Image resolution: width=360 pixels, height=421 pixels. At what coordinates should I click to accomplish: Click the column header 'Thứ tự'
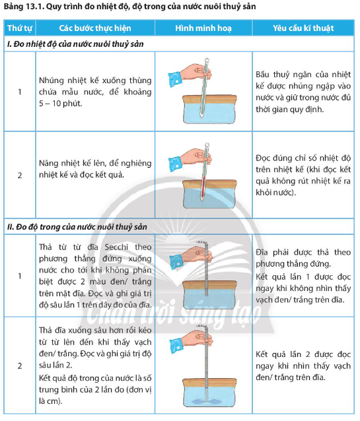20,28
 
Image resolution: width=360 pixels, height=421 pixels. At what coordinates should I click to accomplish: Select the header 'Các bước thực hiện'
95,28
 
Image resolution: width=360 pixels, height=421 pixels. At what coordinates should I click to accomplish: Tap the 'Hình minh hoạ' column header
203,28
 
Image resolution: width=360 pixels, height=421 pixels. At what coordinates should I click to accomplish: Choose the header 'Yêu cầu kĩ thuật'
303,28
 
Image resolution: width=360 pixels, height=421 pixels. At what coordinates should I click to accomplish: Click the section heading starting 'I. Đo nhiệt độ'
75,44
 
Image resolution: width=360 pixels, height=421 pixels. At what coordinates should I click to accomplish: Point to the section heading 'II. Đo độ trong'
77,227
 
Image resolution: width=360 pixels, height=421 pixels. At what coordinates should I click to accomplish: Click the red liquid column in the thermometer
203,187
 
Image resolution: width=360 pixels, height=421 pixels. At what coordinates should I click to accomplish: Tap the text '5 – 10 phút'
60,104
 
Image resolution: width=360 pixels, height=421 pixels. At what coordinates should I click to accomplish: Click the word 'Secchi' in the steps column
116,247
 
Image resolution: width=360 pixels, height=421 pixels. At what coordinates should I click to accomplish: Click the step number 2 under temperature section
20,176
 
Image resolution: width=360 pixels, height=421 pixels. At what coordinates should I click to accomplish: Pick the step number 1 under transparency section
20,276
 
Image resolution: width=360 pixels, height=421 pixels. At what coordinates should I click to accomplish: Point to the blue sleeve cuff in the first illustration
175,79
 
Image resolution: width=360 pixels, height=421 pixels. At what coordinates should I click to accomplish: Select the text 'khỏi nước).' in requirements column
275,193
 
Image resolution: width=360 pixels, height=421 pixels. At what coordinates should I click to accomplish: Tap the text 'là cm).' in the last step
51,401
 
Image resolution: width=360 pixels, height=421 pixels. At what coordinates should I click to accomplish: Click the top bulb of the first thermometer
207,61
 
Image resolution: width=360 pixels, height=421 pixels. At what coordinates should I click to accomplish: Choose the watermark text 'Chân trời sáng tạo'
174,313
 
